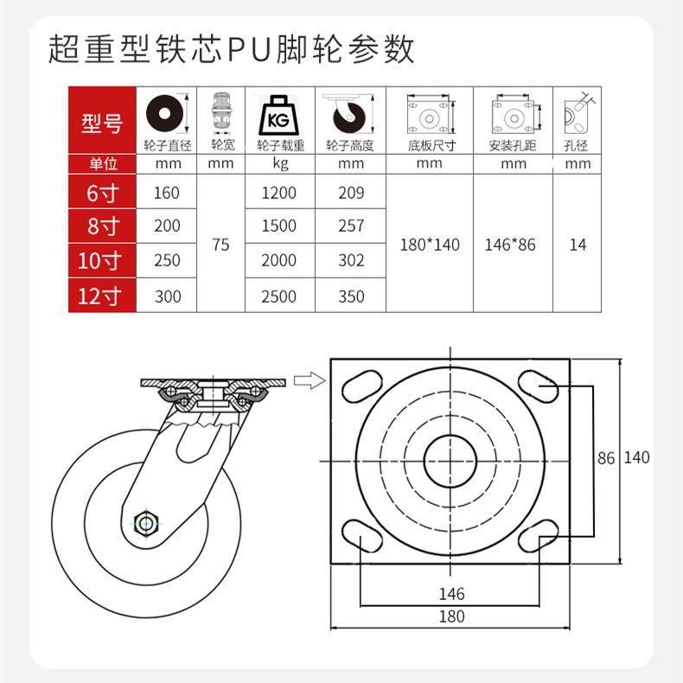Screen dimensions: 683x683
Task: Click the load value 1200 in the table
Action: [278, 193]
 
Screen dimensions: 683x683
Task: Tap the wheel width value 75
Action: [220, 245]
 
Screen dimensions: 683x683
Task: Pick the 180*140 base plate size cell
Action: [430, 245]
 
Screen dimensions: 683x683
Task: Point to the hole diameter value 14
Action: [578, 245]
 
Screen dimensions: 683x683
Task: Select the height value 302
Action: [350, 260]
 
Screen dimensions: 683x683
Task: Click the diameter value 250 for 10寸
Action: [167, 260]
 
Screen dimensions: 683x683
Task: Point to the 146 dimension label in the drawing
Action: [451, 594]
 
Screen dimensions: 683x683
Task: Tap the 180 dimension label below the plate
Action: [451, 616]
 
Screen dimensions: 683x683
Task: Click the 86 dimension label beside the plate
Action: [606, 458]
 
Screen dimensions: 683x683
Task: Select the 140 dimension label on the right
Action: [636, 458]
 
